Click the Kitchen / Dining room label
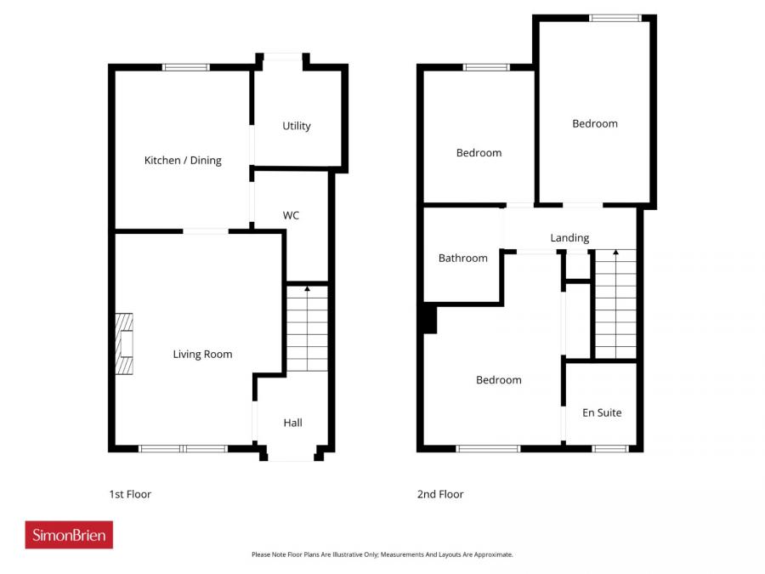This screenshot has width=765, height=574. [183, 160]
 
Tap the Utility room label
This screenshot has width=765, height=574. [297, 126]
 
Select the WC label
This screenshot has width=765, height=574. [291, 215]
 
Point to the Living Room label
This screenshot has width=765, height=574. [202, 354]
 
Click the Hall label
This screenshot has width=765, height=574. [292, 423]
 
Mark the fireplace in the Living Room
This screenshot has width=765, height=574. [125, 344]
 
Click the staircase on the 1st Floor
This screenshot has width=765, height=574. [307, 330]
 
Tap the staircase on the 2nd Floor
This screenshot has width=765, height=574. [615, 304]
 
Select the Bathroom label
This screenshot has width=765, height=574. [463, 258]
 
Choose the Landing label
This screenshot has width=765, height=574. [569, 238]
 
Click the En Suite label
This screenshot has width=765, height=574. [602, 412]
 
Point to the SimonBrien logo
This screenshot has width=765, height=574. [69, 535]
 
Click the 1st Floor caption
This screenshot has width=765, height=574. [130, 494]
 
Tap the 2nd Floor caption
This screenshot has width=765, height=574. [440, 494]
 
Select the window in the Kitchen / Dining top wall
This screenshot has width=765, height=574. [185, 67]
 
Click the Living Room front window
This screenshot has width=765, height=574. [183, 448]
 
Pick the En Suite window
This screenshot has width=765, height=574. [609, 448]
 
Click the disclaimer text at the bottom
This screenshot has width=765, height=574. [382, 554]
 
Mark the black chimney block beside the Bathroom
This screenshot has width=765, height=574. [428, 320]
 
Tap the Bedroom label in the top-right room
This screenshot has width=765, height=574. [595, 123]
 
